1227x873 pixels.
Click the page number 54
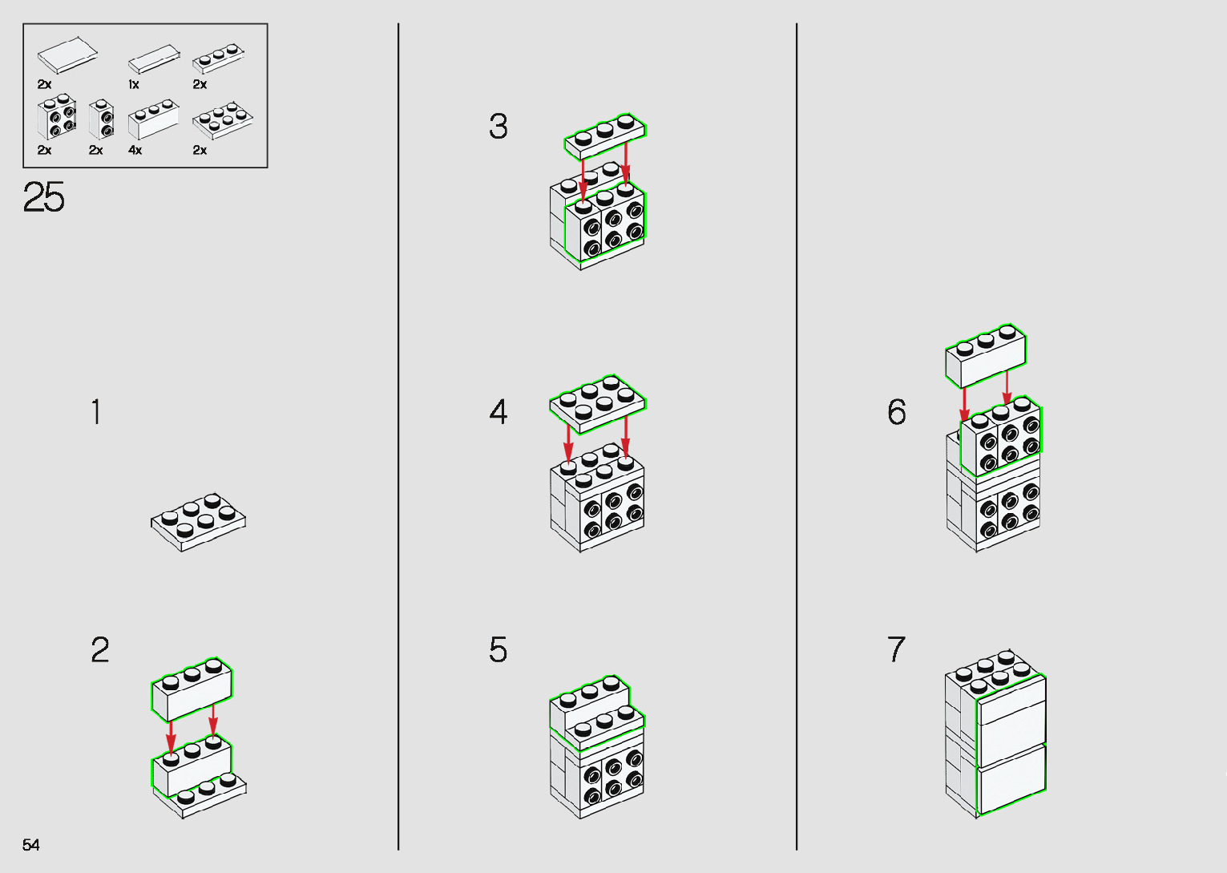point(30,844)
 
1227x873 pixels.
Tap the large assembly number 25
point(44,197)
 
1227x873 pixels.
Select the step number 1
point(96,412)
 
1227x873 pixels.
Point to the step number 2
point(99,650)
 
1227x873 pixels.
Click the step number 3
point(498,126)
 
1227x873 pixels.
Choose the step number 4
point(498,412)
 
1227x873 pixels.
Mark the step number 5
point(498,650)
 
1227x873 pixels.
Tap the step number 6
point(897,412)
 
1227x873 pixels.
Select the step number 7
point(896,650)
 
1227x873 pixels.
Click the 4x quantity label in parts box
point(135,150)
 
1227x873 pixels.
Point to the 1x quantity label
point(134,84)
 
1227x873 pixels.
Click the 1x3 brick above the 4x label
point(154,119)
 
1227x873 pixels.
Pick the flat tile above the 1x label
point(154,59)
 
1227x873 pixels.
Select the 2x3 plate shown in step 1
point(198,522)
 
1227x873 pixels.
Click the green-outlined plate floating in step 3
point(605,136)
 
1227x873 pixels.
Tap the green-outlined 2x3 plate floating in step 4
point(598,405)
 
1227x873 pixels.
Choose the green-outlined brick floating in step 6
point(986,356)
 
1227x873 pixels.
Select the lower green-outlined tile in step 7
point(1011,778)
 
